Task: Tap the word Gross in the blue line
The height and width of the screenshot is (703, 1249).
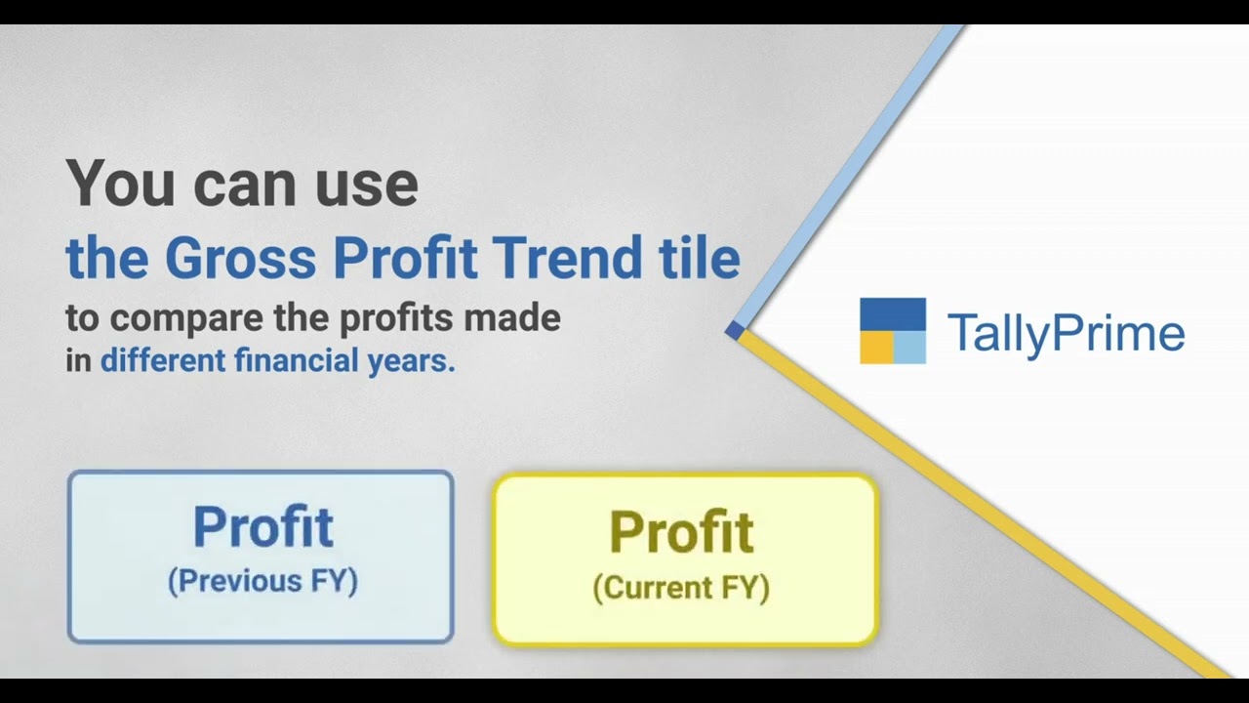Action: [x=240, y=259]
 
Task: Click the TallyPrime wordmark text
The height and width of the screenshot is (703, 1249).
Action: [x=1066, y=333]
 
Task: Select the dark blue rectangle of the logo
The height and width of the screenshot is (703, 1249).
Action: [x=892, y=314]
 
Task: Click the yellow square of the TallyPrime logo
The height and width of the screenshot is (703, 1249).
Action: [x=875, y=348]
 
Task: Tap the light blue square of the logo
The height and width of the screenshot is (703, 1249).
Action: [x=909, y=348]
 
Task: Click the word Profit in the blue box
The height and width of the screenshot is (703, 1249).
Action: [x=262, y=527]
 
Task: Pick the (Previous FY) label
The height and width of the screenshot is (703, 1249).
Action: [x=262, y=581]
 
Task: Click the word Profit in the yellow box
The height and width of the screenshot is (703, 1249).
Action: [x=681, y=532]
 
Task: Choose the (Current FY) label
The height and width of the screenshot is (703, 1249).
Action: [x=681, y=588]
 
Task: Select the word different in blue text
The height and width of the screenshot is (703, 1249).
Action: [x=163, y=361]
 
